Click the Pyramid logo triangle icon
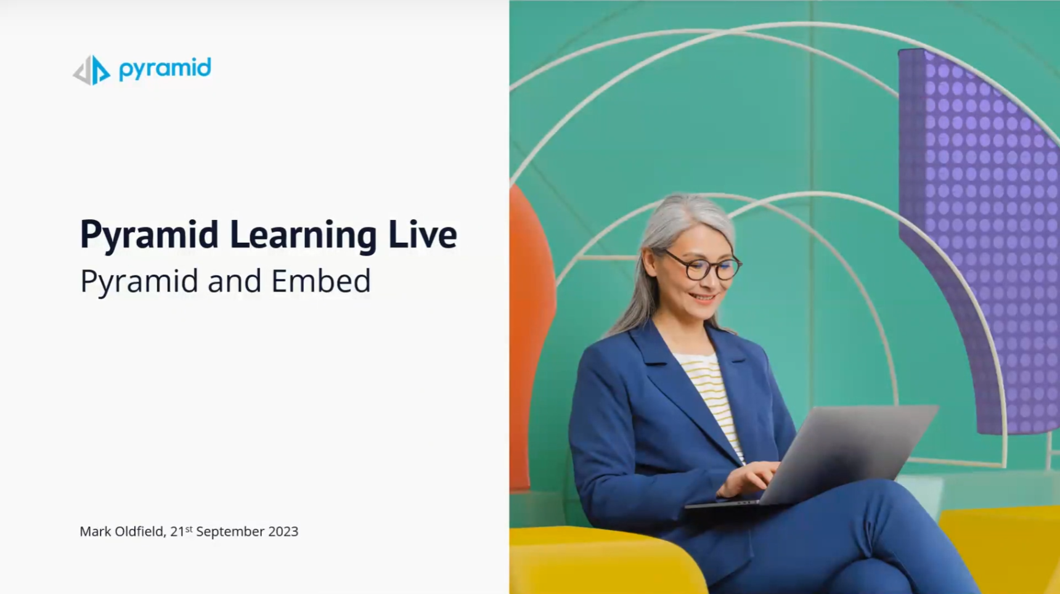pos(91,70)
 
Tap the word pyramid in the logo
pos(165,68)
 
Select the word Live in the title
pos(423,234)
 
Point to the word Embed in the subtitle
pos(321,281)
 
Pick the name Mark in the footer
pos(95,531)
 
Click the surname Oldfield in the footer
pos(140,531)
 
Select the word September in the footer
pos(230,532)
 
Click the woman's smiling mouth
pos(702,298)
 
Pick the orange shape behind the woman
pos(531,333)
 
